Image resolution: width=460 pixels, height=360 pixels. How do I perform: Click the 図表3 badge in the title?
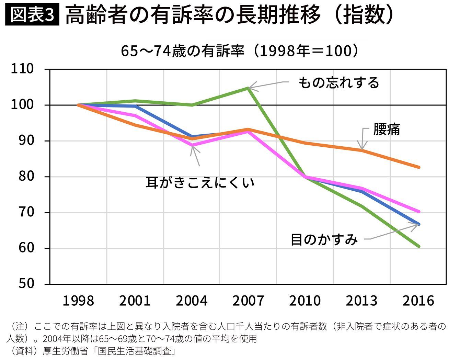tap(32, 15)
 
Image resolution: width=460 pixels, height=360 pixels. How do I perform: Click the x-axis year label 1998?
tap(78, 301)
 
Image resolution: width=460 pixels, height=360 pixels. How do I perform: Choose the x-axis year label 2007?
tap(248, 301)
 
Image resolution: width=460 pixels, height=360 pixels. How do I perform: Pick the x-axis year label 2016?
tap(418, 301)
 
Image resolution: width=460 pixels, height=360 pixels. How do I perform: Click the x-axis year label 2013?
tap(361, 301)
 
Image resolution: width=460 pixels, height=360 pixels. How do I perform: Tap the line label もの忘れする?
tap(338, 82)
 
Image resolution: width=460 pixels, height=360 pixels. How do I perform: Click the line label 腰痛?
tap(387, 130)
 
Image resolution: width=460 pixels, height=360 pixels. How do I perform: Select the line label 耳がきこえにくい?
tap(200, 182)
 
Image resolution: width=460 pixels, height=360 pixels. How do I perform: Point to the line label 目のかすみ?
tap(324, 239)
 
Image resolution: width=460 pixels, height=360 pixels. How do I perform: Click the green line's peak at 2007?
tap(248, 88)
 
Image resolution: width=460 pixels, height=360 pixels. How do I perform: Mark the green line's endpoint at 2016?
tap(419, 246)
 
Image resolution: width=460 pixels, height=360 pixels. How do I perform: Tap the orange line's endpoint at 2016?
tap(419, 167)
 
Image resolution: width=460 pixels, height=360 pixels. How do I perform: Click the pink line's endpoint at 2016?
tap(419, 212)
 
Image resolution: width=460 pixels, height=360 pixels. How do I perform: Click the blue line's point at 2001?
tap(136, 106)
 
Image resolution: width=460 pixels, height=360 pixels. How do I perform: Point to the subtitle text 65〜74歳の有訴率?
tap(182, 52)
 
